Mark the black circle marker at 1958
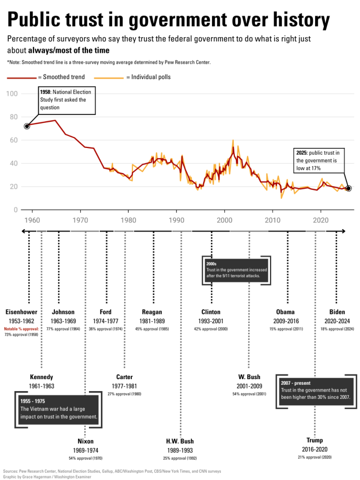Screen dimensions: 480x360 (x=27, y=126)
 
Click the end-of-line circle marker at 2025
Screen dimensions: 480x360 (x=349, y=188)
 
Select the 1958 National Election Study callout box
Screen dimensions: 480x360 (x=67, y=100)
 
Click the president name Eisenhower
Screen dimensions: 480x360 (x=21, y=312)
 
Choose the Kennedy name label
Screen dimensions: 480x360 (x=41, y=377)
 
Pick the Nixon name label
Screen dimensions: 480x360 (x=85, y=441)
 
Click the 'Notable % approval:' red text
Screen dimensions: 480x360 (x=21, y=329)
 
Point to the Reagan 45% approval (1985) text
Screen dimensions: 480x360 (x=152, y=329)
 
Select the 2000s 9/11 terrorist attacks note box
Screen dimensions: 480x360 (x=236, y=270)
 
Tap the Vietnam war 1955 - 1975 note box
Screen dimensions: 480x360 (x=58, y=409)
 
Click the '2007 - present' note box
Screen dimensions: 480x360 (x=316, y=390)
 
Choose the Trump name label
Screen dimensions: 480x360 (x=314, y=441)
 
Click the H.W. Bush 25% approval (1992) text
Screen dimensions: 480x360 (x=180, y=458)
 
